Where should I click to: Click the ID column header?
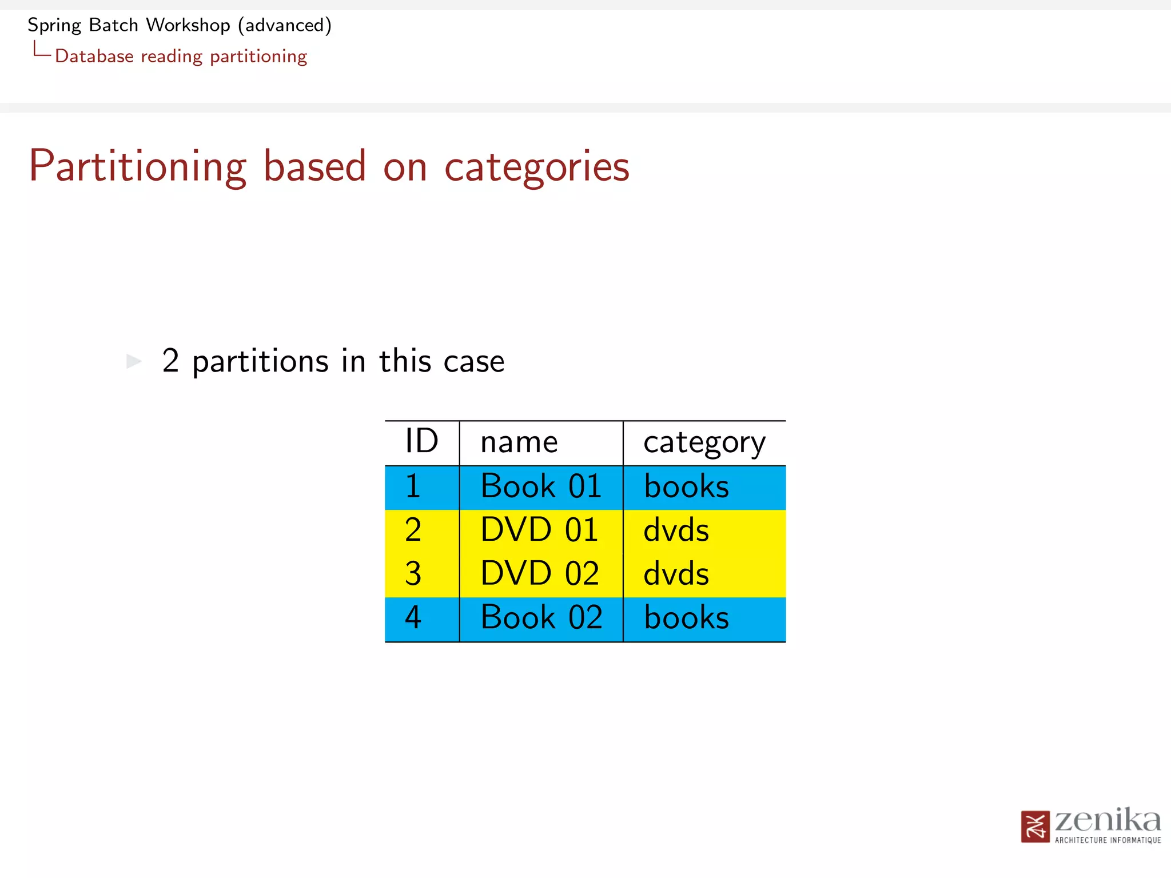[421, 442]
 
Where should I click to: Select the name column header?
[519, 442]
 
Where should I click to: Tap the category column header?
[704, 443]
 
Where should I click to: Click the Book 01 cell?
[541, 487]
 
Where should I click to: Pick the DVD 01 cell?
[539, 530]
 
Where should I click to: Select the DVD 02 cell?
[539, 574]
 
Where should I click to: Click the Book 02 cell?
[541, 618]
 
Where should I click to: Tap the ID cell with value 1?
[413, 487]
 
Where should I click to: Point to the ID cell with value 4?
[413, 618]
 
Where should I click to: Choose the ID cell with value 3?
[413, 574]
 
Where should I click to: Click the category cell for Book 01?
[686, 487]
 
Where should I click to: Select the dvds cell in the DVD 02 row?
[676, 574]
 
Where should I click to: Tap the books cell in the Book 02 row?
[686, 618]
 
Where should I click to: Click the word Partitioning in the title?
[137, 166]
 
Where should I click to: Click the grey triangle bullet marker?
[134, 361]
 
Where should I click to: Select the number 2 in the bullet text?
[170, 361]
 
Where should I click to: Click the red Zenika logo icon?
[1035, 827]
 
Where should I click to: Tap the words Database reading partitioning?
[181, 57]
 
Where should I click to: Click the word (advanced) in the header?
[285, 25]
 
